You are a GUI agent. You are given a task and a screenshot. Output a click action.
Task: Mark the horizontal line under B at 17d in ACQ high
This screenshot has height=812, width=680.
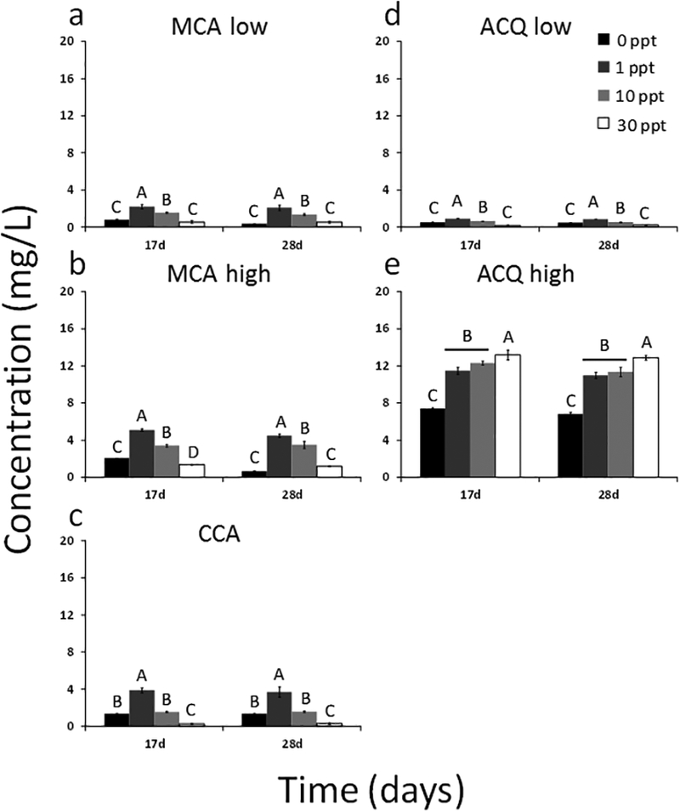tap(467, 349)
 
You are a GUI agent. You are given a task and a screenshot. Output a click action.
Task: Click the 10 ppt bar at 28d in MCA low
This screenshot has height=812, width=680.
tap(305, 221)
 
